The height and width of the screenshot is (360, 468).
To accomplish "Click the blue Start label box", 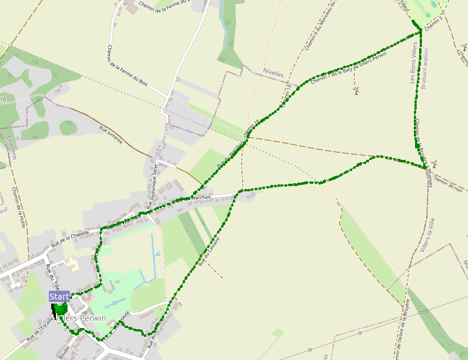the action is click(x=59, y=297).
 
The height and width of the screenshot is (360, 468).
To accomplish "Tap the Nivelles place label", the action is click(x=273, y=74).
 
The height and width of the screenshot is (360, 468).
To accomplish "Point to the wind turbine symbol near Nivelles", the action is click(x=356, y=90).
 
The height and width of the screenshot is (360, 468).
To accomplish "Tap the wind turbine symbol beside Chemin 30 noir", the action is click(x=434, y=164).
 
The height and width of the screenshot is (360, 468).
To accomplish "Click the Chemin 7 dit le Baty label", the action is click(x=349, y=67).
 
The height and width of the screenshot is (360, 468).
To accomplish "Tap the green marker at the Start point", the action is click(x=61, y=308).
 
